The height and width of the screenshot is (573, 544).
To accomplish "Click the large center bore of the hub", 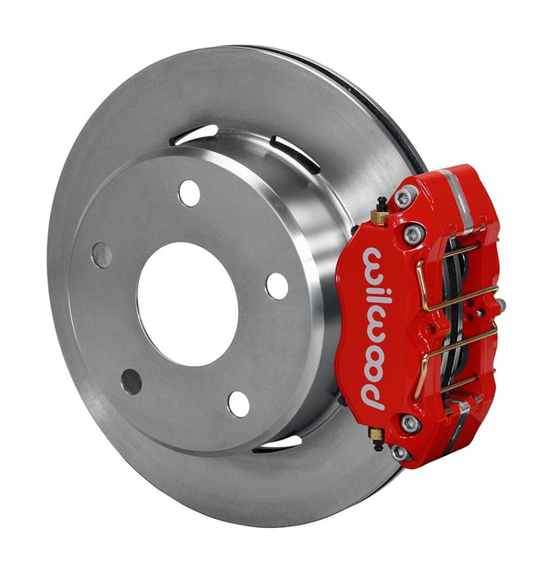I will click(187, 304).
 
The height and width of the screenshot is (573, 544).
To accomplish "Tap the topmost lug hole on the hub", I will click(190, 193).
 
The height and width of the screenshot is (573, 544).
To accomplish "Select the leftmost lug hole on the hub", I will click(102, 255).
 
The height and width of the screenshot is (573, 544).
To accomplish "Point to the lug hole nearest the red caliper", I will click(277, 286).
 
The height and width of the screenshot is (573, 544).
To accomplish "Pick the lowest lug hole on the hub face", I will click(239, 404).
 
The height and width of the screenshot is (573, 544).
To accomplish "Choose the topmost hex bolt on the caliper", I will click(404, 197).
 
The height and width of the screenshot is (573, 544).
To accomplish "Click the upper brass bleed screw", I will click(380, 216).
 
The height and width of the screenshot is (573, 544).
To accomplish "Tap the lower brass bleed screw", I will click(376, 435).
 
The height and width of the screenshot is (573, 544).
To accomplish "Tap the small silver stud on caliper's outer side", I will click(501, 305).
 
